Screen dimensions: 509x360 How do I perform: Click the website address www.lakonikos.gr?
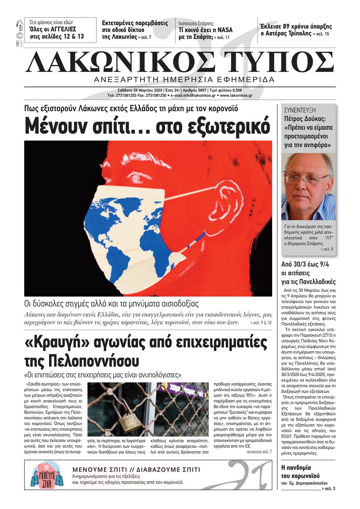click(236, 95)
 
